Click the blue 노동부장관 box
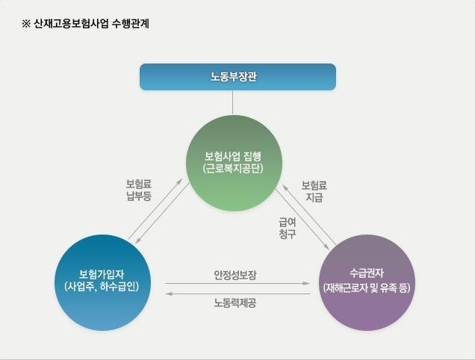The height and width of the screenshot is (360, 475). [237, 77]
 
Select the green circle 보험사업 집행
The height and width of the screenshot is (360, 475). [235, 163]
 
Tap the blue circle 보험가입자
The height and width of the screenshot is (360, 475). [102, 282]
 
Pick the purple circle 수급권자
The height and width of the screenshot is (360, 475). [367, 282]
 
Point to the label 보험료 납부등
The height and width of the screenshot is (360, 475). [139, 190]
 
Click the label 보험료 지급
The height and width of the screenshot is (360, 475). [314, 191]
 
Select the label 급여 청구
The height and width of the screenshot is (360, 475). [288, 229]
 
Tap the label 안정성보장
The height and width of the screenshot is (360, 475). [235, 275]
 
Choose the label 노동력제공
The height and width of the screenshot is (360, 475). [235, 302]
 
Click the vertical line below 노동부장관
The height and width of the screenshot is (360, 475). [233, 102]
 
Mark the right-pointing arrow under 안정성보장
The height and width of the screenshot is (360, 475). [237, 283]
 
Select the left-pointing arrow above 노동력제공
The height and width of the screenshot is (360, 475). [237, 294]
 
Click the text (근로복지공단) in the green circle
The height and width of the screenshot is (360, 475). [233, 169]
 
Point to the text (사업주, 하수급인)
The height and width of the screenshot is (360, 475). [102, 286]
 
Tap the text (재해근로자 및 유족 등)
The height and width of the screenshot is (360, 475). [367, 288]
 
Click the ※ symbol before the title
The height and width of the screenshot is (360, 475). [26, 24]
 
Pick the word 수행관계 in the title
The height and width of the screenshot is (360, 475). [131, 24]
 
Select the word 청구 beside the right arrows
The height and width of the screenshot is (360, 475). [288, 234]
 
